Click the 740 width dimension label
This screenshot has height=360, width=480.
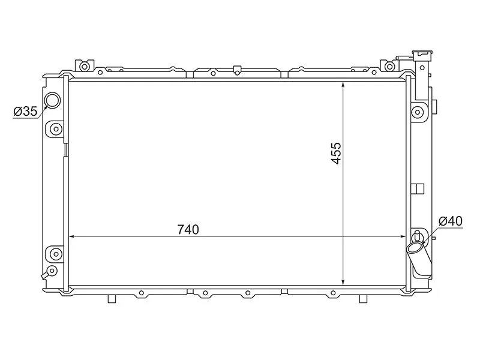(x=188, y=229)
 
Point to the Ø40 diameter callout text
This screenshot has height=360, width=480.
(x=450, y=221)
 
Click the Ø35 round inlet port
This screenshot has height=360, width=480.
(x=53, y=100)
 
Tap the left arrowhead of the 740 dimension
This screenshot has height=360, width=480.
(x=73, y=237)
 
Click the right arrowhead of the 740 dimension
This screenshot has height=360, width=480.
(x=404, y=237)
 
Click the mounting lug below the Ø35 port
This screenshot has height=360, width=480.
(x=55, y=128)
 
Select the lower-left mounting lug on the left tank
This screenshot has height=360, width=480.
(x=55, y=252)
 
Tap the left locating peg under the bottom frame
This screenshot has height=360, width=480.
(x=112, y=298)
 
